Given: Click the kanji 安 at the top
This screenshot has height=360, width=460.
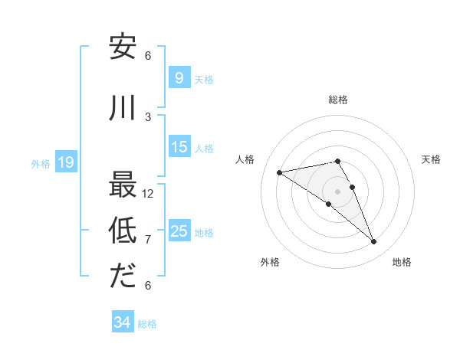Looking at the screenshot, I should (x=122, y=47).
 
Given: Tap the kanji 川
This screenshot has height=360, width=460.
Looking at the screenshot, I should (x=122, y=108).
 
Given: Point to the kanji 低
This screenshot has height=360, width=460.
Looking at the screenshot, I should (x=122, y=231).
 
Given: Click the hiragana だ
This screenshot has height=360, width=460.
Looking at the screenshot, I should (x=122, y=277).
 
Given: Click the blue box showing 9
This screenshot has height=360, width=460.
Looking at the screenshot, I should (x=179, y=77).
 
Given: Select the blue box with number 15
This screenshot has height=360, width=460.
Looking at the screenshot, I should (x=179, y=147).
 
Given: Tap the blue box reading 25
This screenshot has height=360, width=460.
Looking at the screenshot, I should (x=179, y=231).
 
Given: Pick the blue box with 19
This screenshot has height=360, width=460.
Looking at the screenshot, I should (x=65, y=162).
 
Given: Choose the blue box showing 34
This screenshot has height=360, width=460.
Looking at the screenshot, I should (x=122, y=322).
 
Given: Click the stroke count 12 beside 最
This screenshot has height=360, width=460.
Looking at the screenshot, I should (x=148, y=194).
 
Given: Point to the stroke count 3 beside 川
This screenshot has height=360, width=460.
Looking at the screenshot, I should (x=148, y=117).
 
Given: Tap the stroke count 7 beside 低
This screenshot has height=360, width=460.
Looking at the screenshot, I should (x=148, y=240).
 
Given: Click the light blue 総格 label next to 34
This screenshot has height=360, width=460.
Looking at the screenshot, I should (x=147, y=324).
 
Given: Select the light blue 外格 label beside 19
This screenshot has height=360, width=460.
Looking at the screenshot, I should (x=40, y=163).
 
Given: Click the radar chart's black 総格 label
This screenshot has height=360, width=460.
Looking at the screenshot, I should (x=338, y=100).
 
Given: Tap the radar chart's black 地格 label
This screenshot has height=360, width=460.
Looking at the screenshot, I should (x=402, y=262).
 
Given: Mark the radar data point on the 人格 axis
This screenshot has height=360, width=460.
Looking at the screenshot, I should (x=279, y=172).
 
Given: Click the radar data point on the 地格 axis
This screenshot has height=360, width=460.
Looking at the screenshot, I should (x=374, y=242).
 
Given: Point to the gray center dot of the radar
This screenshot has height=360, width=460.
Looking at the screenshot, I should (x=338, y=191).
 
